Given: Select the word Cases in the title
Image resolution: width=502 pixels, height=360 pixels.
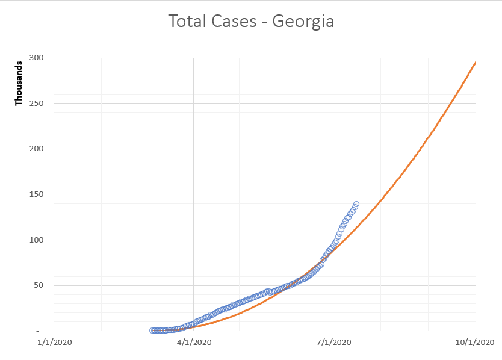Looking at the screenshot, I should click(x=236, y=22).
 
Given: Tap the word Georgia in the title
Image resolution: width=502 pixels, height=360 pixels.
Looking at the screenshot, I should click(x=303, y=22).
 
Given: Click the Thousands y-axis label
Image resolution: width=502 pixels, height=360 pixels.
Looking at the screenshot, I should click(x=19, y=82).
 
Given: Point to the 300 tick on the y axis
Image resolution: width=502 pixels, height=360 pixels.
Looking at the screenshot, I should click(x=37, y=58).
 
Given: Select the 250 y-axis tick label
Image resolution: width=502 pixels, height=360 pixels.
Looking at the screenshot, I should click(x=37, y=104).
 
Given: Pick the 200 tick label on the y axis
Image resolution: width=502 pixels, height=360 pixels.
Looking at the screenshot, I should click(x=37, y=149).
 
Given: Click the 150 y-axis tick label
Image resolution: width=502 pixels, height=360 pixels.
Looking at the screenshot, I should click(x=37, y=194).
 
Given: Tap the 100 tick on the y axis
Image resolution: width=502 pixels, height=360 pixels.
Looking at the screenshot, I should click(x=37, y=240).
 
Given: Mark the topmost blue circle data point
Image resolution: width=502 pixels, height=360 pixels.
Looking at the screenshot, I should click(x=356, y=204).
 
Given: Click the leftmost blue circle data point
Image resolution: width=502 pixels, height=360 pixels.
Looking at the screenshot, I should click(x=152, y=331).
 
